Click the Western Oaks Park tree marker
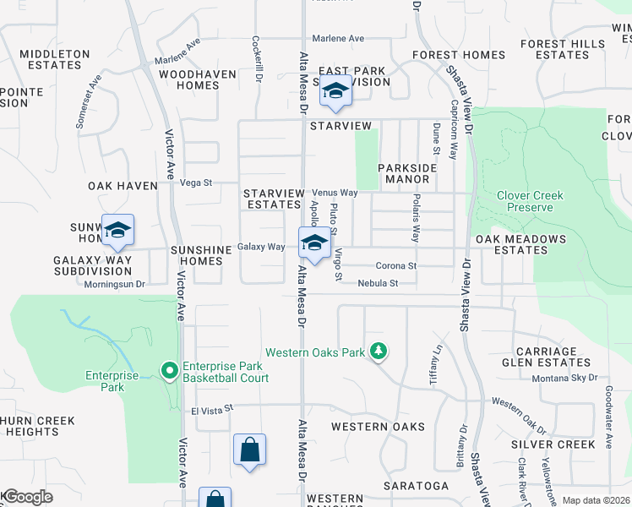[379, 351]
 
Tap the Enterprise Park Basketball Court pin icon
[169, 369]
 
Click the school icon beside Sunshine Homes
[117, 231]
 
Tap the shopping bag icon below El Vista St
[249, 450]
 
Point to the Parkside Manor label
[407, 173]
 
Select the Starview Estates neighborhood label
[272, 199]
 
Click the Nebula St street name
[377, 284]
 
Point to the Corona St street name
[396, 265]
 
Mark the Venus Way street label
[335, 193]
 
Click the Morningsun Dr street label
[115, 284]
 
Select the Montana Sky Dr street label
[564, 378]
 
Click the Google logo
[27, 497]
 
